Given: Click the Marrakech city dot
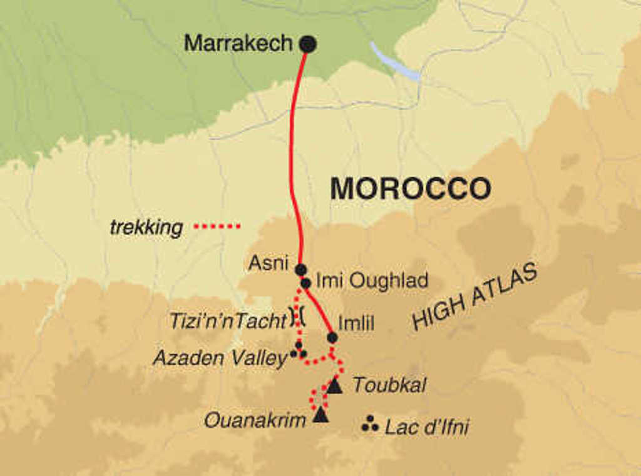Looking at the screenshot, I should point(307,44).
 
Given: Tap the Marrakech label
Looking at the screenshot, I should point(238,43).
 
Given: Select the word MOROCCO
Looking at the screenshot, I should point(410,188).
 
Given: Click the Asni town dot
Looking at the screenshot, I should point(300,270).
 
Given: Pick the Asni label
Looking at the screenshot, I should point(269,263).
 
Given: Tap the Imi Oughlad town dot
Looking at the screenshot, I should point(305,283).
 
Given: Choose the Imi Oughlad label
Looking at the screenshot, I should point(372,281).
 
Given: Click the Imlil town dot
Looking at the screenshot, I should point(332,338).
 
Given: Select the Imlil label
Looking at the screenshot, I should point(356,323).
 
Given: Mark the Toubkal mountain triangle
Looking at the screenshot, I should point(335,387).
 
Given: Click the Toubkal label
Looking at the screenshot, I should point(389,385).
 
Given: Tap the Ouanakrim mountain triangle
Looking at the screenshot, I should point(320,414).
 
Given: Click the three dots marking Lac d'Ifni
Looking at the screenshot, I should point(370,424).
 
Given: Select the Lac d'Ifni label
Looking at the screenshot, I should point(426,428).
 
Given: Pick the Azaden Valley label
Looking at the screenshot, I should point(220,358).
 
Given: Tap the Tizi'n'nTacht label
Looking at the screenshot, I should point(228,321).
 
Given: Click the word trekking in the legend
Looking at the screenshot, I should point(146,228).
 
